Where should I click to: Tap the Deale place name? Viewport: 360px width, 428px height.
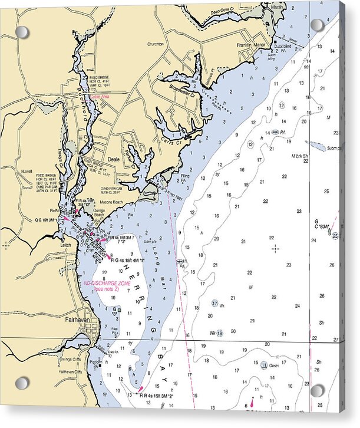tap(114, 160)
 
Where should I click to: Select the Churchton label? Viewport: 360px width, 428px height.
tap(156, 44)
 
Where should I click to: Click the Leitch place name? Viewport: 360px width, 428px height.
tap(65, 245)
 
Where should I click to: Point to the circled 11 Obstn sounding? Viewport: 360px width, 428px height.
tap(268, 366)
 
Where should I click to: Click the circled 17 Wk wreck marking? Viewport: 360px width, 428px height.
tap(217, 304)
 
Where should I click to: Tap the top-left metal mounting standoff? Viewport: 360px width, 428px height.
tap(22, 32)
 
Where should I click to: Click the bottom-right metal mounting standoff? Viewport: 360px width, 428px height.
tap(317, 390)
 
